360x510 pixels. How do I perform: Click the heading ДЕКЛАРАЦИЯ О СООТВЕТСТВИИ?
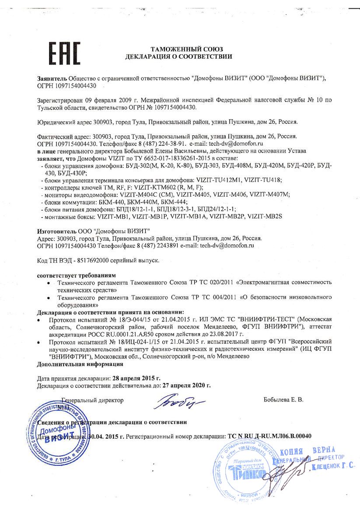pyautogui.click(x=178, y=56)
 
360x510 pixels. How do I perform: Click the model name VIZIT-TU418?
pyautogui.click(x=268, y=180)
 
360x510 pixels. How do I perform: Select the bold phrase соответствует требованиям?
pyautogui.click(x=76, y=276)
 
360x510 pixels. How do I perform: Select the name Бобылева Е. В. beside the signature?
pyautogui.click(x=283, y=400)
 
